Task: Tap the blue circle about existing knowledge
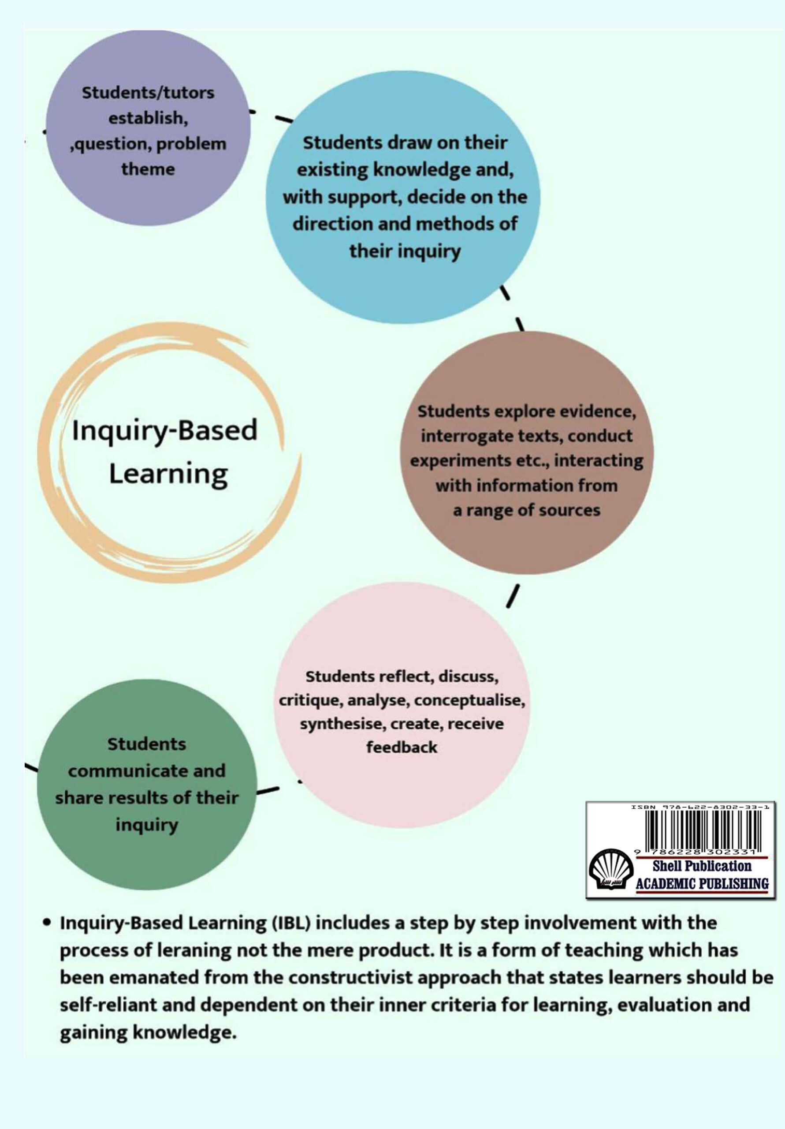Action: pos(403,197)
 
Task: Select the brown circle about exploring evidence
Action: pos(527,453)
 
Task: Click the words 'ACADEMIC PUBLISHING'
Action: pos(702,884)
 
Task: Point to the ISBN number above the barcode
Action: pos(700,807)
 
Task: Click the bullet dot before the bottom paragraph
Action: pos(47,922)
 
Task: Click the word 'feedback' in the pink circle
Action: pos(402,748)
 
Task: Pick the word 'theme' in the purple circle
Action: pos(148,169)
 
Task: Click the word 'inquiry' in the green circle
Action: pos(147,825)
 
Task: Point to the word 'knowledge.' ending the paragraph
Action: pos(148,1032)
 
